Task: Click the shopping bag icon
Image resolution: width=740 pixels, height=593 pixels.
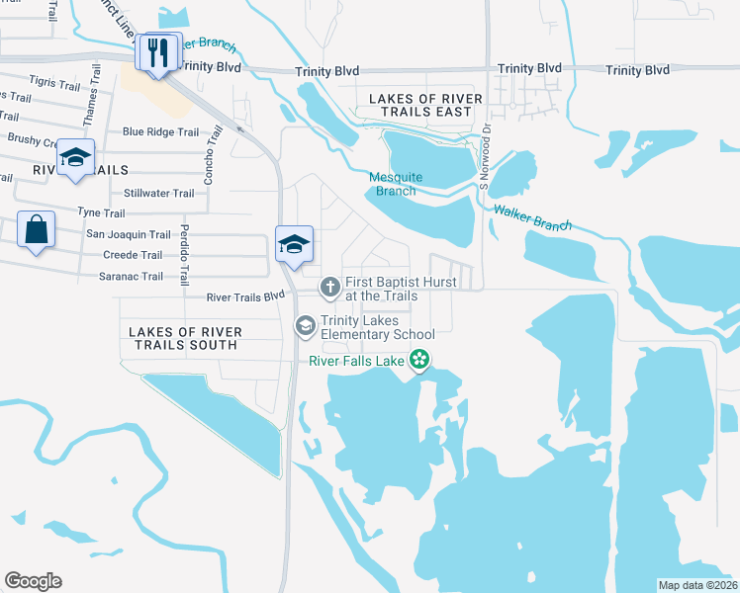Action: [x=36, y=230]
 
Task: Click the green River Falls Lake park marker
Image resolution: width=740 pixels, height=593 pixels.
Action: [x=420, y=360]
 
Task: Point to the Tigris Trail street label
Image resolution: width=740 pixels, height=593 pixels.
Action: [x=54, y=84]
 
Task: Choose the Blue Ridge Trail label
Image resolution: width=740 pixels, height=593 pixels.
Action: [x=160, y=131]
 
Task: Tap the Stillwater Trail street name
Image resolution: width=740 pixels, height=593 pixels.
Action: [x=158, y=194]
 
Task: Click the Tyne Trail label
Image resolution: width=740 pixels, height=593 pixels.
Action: [x=101, y=213]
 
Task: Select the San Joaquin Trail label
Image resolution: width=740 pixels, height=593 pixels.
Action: [x=129, y=234]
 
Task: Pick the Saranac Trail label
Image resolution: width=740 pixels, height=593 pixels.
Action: [x=131, y=277]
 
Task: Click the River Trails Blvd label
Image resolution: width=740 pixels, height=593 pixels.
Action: [x=245, y=297]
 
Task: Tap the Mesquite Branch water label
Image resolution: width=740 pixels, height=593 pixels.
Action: [x=396, y=184]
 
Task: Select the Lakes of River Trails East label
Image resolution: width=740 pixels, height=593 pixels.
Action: [x=425, y=105]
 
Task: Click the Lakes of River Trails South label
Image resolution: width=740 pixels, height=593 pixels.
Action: [x=183, y=337]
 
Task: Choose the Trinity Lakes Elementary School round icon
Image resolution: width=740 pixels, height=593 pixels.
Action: [x=306, y=325]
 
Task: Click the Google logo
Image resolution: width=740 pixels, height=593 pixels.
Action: [x=33, y=581]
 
